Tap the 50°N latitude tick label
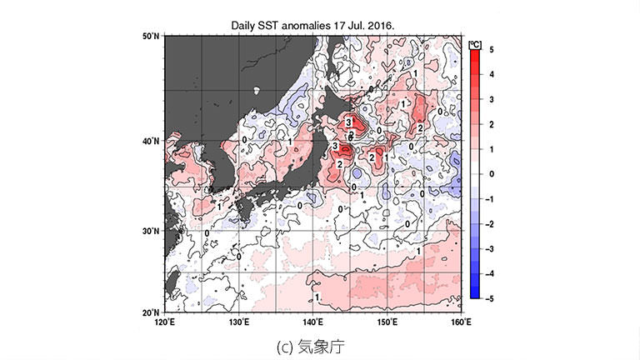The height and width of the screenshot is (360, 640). coord(151,37)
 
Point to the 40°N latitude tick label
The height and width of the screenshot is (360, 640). coord(151,142)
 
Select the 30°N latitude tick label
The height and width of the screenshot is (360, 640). coord(151,231)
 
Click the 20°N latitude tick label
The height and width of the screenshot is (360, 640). coord(151,311)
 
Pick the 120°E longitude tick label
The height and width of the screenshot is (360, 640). coord(165,322)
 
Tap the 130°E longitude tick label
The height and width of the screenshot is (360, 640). coord(239,322)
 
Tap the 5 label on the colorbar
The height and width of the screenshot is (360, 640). coord(492,50)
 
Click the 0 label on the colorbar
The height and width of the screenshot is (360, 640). coord(492,173)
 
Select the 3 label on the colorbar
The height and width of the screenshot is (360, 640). coord(492,99)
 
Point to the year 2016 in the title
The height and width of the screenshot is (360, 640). coord(378,26)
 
